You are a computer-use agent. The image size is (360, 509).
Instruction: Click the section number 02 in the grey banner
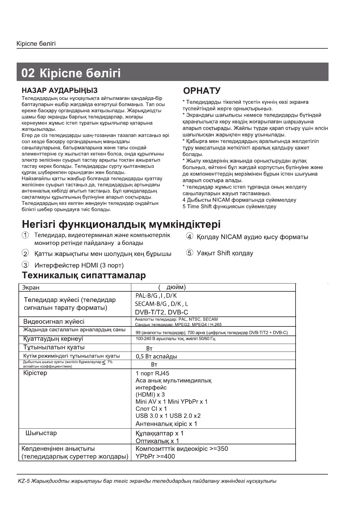(28, 73)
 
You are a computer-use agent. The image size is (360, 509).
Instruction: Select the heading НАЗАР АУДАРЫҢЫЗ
(60, 90)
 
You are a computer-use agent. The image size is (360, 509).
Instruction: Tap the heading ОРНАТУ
(202, 91)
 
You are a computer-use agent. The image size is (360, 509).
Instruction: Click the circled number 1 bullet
(25, 235)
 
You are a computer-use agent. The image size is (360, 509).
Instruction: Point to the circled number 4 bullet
(190, 237)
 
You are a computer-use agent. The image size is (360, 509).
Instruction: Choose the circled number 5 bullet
(190, 253)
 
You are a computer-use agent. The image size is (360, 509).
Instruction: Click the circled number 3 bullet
(25, 265)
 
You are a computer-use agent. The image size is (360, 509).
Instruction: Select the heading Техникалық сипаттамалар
(84, 275)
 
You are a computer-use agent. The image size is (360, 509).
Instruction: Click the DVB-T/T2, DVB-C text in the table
(161, 312)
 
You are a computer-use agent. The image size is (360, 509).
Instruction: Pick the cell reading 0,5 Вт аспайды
(156, 356)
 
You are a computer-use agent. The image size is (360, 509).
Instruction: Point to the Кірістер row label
(35, 373)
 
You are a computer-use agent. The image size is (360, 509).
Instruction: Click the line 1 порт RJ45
(152, 373)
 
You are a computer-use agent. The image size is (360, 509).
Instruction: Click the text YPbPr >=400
(155, 456)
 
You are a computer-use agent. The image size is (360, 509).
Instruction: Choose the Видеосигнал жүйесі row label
(54, 321)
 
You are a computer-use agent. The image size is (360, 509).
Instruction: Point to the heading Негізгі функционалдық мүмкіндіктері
(121, 225)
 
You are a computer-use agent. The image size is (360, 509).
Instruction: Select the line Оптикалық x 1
(157, 441)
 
